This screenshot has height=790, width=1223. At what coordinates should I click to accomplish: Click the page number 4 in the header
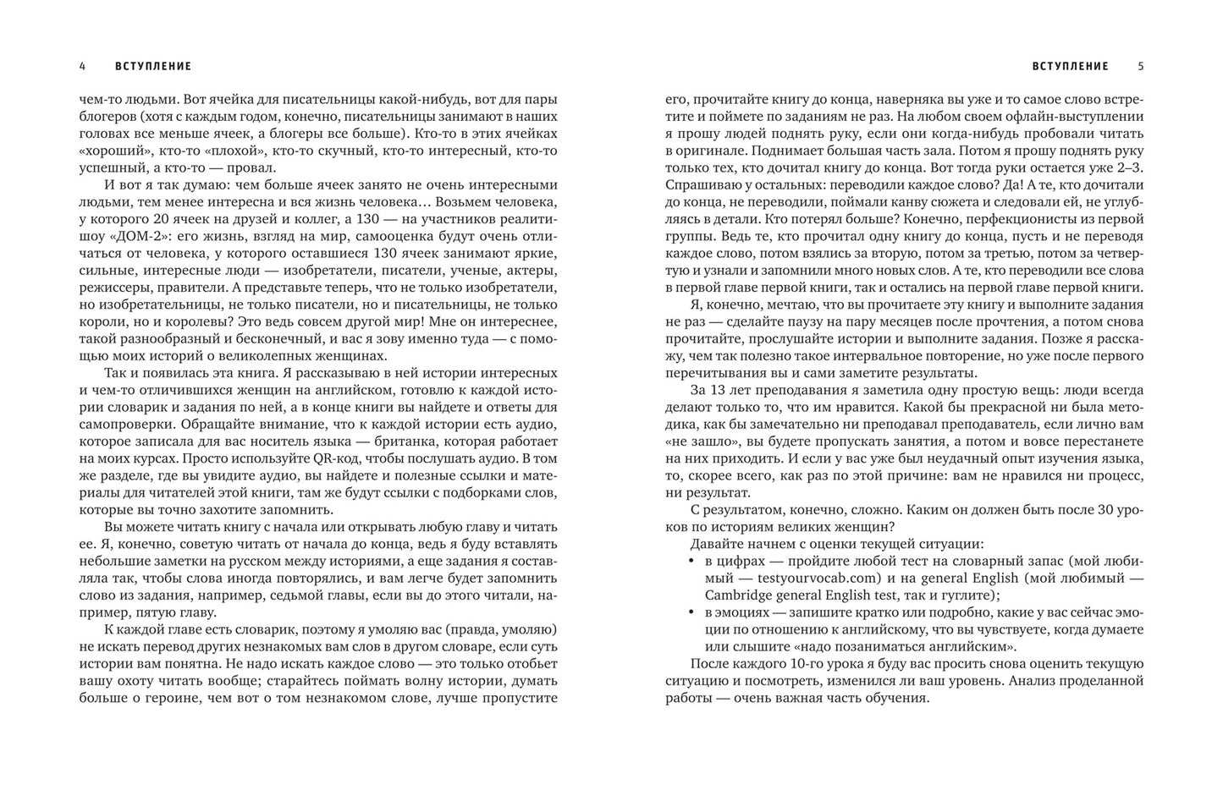[x=82, y=66]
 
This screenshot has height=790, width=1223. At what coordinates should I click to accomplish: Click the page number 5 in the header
[x=1140, y=66]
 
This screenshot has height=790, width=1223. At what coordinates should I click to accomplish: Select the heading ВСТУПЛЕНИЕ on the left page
[x=153, y=66]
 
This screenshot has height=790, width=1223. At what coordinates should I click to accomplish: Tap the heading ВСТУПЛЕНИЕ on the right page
[x=1070, y=66]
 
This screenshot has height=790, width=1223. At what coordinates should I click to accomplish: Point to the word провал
[x=245, y=168]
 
